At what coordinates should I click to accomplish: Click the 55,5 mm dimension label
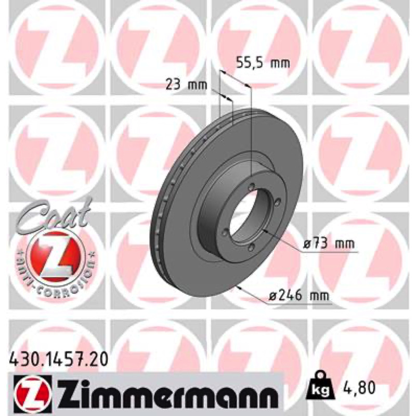[263, 63]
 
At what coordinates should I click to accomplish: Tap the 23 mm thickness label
[186, 85]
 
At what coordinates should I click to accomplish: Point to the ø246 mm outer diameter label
[298, 295]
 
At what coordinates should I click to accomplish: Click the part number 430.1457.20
[58, 360]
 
